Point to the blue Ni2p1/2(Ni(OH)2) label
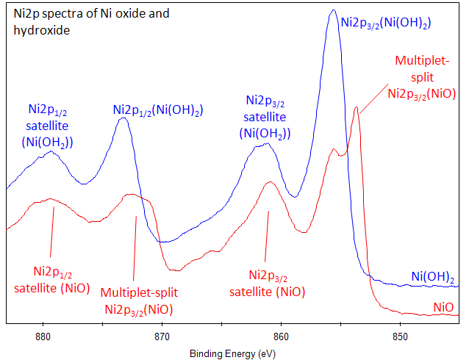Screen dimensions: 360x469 158,110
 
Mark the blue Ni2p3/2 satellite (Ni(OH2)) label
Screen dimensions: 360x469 265,116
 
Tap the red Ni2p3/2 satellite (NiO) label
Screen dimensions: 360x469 267,284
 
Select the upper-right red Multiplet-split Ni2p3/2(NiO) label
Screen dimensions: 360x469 422,76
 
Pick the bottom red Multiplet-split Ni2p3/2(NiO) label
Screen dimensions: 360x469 139,300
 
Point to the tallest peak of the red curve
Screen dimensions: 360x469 357,108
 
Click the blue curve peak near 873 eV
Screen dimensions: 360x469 123,118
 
